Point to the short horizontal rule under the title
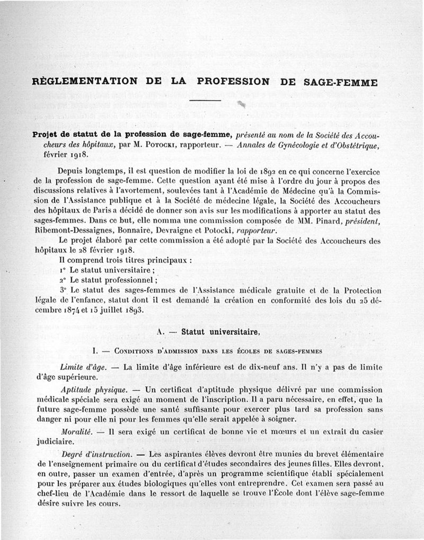point(205,99)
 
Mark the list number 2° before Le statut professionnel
point(63,280)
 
